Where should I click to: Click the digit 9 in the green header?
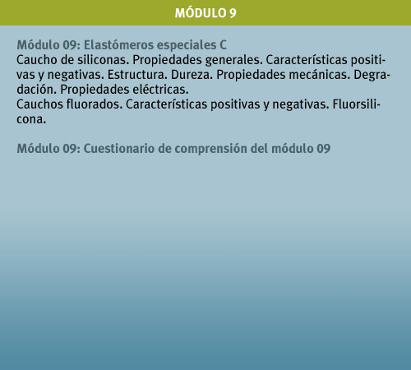pyautogui.click(x=233, y=13)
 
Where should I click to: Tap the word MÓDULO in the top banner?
pyautogui.click(x=200, y=12)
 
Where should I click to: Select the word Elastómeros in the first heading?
pyautogui.click(x=118, y=45)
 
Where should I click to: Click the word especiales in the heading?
pyautogui.click(x=187, y=45)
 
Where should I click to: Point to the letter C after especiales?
pyautogui.click(x=223, y=45)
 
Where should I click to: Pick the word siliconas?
pyautogui.click(x=104, y=60)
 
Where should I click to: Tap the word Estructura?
pyautogui.click(x=137, y=75)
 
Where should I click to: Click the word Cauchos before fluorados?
pyautogui.click(x=39, y=104)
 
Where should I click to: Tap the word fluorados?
pyautogui.click(x=95, y=104)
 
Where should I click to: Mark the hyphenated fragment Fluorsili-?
pyautogui.click(x=357, y=104)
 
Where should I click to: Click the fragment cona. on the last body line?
pyautogui.click(x=31, y=119)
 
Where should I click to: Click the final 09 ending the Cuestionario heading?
pyautogui.click(x=324, y=149)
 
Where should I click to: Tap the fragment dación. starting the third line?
pyautogui.click(x=36, y=90)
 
